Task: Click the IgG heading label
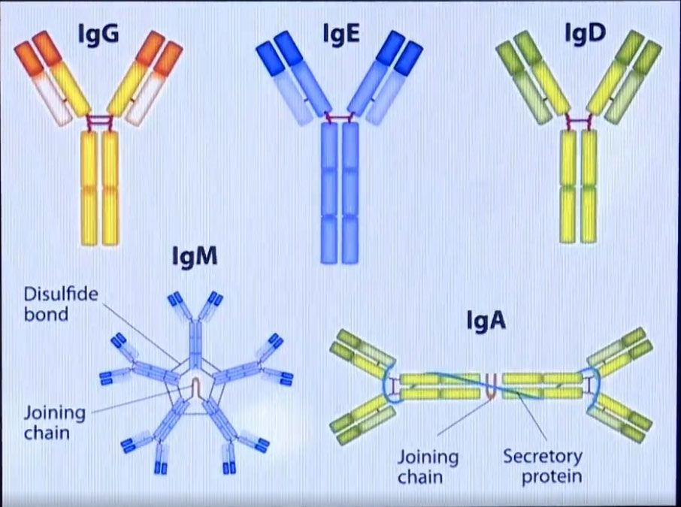(98, 34)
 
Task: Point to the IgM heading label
(195, 256)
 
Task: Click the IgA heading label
(486, 320)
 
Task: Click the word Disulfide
(61, 294)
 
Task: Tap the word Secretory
(543, 457)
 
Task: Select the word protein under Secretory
(552, 477)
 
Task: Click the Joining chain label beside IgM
(54, 423)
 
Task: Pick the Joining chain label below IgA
(428, 467)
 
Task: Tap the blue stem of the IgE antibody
(340, 193)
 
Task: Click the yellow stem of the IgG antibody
(100, 189)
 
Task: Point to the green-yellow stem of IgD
(579, 186)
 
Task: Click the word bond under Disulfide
(46, 314)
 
